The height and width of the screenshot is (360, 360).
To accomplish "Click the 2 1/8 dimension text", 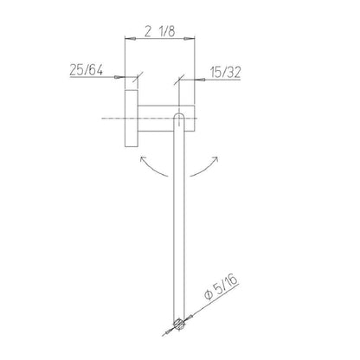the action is click(x=159, y=31).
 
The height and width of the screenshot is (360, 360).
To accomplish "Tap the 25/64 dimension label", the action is click(x=86, y=70).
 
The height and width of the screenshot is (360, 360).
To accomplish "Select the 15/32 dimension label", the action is click(x=225, y=73).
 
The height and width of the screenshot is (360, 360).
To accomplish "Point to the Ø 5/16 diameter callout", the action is click(x=221, y=287).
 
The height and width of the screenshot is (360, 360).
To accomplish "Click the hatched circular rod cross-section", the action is click(x=179, y=324).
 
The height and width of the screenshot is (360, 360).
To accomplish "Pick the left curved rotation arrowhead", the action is click(x=142, y=158).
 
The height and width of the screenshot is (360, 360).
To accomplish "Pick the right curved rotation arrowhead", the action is click(x=215, y=158).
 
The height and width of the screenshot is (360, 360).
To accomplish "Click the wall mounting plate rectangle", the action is click(x=132, y=119).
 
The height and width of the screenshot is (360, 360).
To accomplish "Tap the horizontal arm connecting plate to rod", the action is click(x=166, y=119).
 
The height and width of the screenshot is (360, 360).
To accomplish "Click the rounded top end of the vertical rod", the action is click(x=179, y=115).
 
